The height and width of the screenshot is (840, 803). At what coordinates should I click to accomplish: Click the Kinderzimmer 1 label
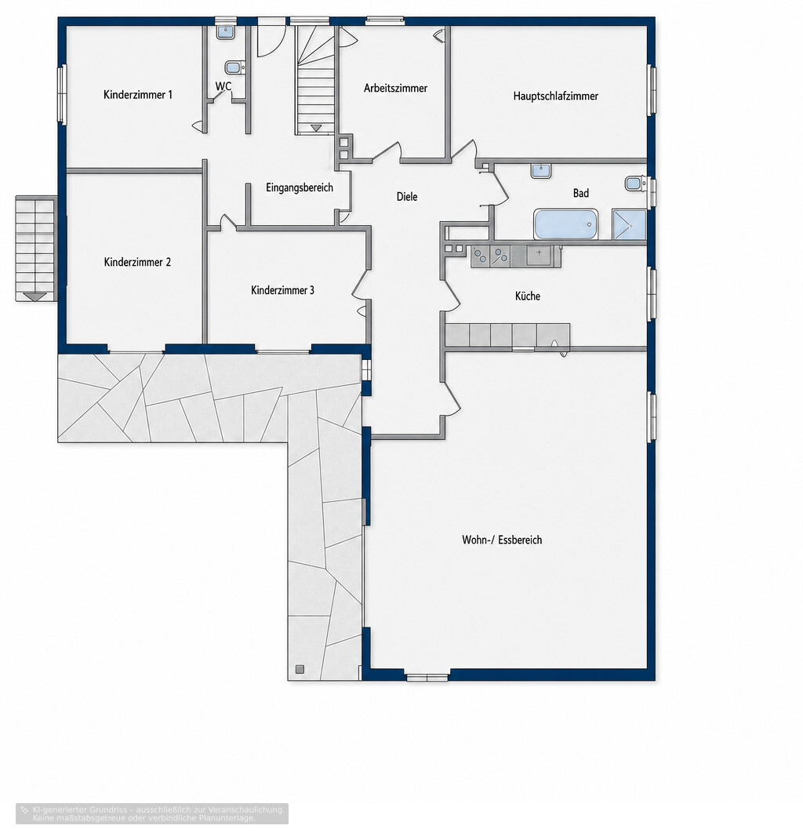(138, 95)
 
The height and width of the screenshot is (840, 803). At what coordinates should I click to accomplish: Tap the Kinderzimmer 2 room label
(137, 262)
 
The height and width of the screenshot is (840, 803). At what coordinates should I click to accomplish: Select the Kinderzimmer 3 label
(282, 290)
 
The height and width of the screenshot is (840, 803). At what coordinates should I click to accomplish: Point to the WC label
(223, 86)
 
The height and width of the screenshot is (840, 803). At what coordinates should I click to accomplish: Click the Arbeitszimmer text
(395, 88)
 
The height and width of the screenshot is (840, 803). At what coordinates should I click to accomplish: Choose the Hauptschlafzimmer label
(555, 96)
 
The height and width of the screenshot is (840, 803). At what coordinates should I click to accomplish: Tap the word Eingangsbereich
(300, 187)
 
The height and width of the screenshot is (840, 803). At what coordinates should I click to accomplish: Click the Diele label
(406, 197)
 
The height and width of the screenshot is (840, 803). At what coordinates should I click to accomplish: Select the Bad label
(581, 193)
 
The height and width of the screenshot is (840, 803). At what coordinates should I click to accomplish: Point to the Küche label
(528, 296)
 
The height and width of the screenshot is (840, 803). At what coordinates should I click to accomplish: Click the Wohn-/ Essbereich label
(502, 540)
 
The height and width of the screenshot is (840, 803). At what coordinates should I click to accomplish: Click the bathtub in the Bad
(565, 224)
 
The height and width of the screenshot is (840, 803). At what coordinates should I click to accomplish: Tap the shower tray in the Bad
(629, 224)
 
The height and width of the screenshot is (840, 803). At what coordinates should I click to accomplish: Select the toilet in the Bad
(635, 184)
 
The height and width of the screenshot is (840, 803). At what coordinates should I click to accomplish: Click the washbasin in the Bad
(540, 171)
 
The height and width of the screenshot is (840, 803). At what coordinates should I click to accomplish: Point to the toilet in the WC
(234, 67)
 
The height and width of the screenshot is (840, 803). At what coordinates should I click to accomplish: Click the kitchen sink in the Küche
(539, 256)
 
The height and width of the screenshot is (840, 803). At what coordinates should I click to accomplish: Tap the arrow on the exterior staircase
(35, 296)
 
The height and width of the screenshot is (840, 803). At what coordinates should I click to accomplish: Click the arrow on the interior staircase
(315, 128)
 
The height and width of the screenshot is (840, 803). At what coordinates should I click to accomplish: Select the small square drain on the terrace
(300, 668)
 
